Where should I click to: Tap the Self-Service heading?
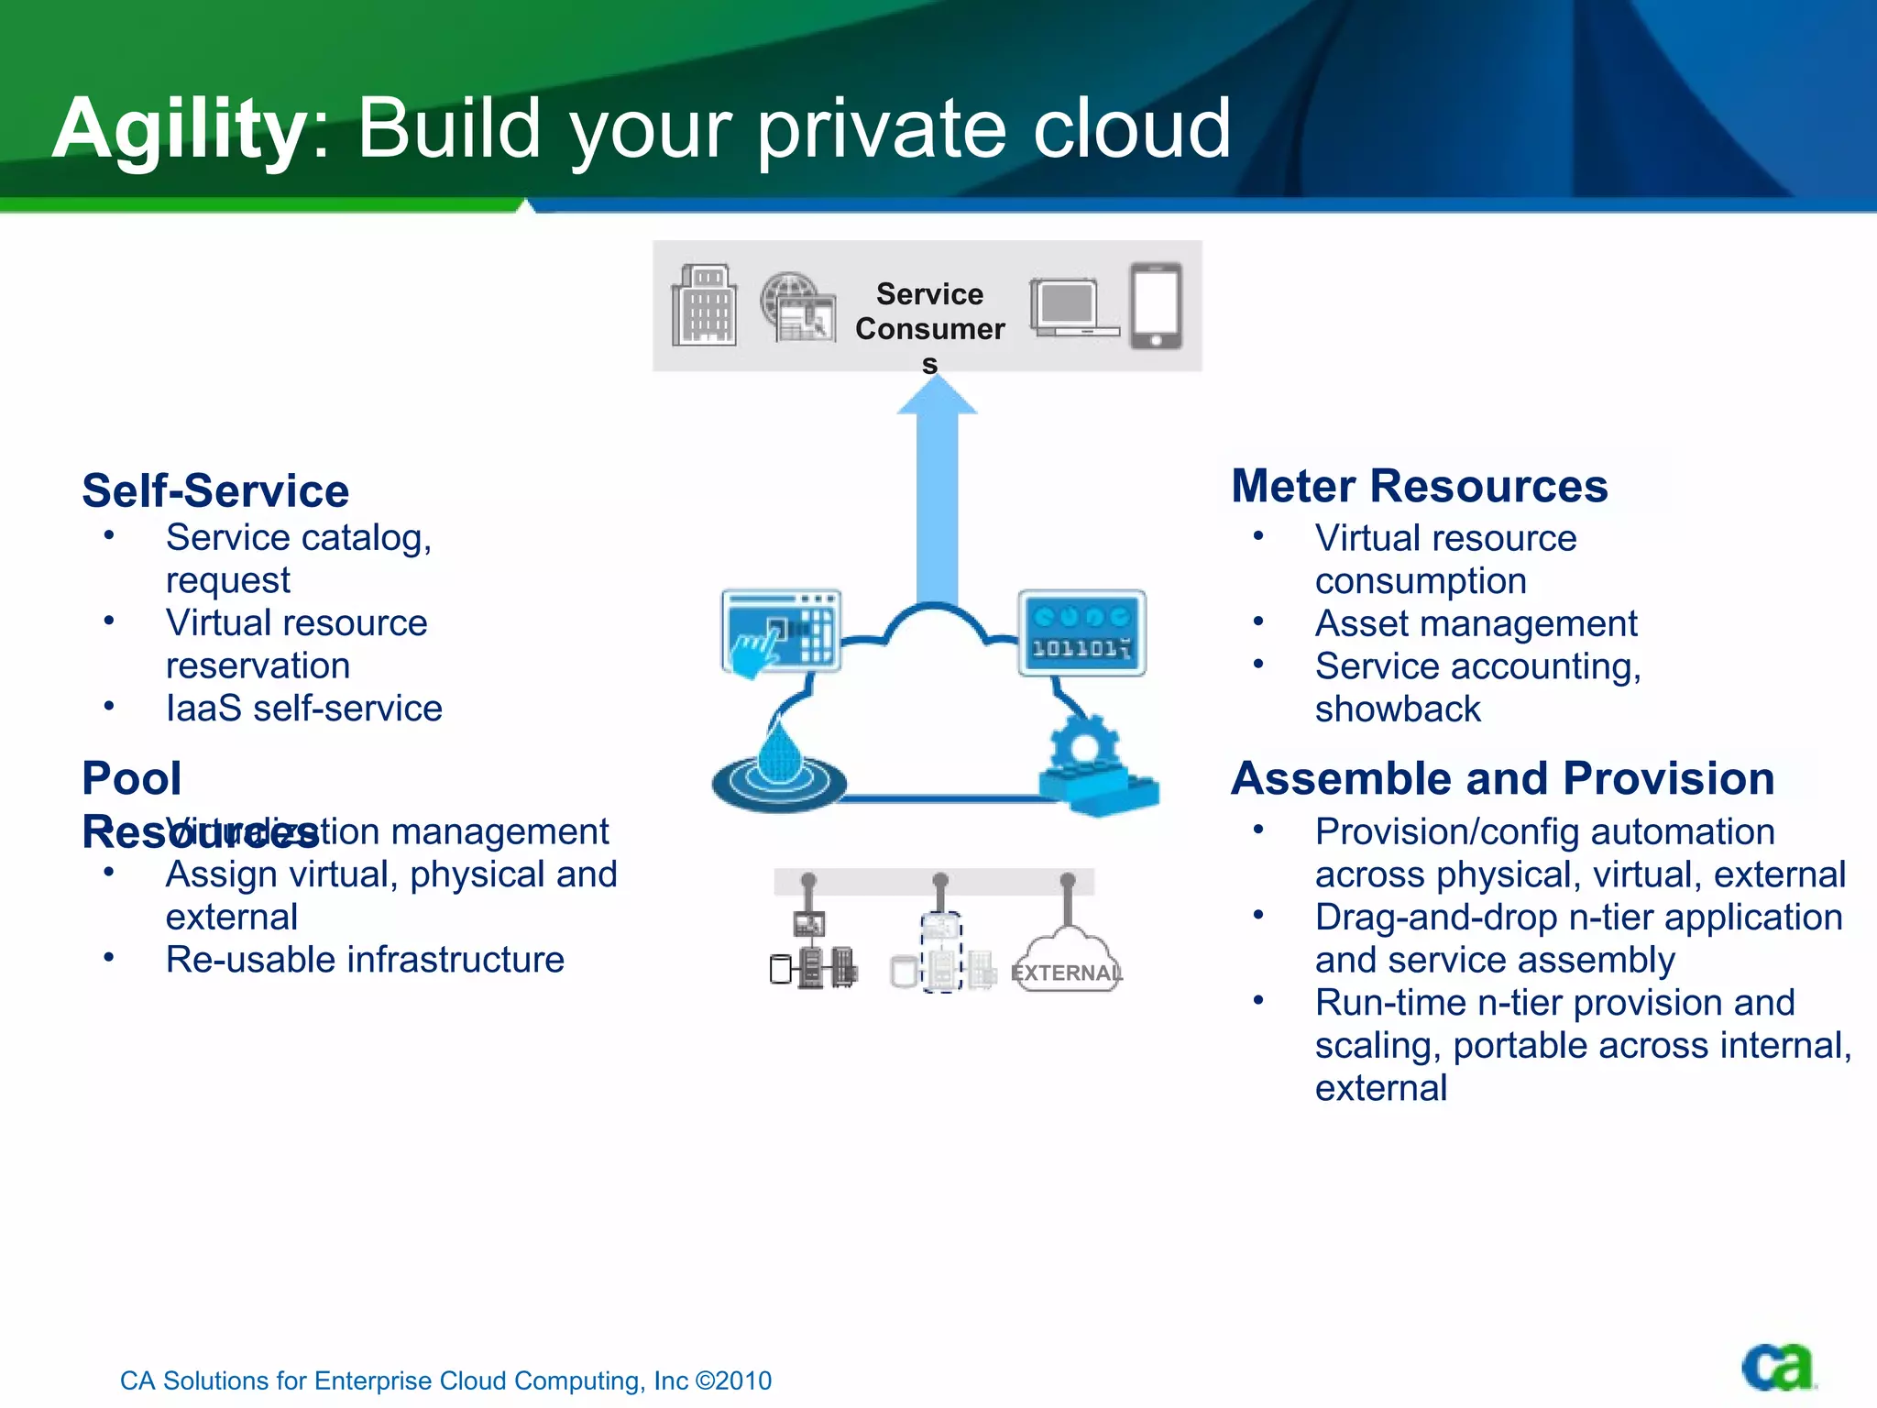tap(215, 490)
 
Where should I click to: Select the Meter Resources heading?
tap(1419, 486)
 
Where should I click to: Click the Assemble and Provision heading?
tap(1502, 778)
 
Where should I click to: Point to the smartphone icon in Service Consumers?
tap(1156, 306)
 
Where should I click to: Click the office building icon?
tap(704, 306)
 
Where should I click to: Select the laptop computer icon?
tap(1072, 308)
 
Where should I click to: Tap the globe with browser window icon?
tap(797, 308)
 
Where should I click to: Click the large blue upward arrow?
tap(937, 495)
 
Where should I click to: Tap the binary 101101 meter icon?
tap(1081, 633)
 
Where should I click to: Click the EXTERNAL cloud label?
tap(1067, 972)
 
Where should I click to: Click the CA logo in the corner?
tap(1778, 1369)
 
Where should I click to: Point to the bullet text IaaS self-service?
tap(303, 709)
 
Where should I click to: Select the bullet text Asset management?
tap(1476, 623)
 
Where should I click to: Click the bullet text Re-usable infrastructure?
tap(365, 960)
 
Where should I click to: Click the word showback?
tap(1398, 709)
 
